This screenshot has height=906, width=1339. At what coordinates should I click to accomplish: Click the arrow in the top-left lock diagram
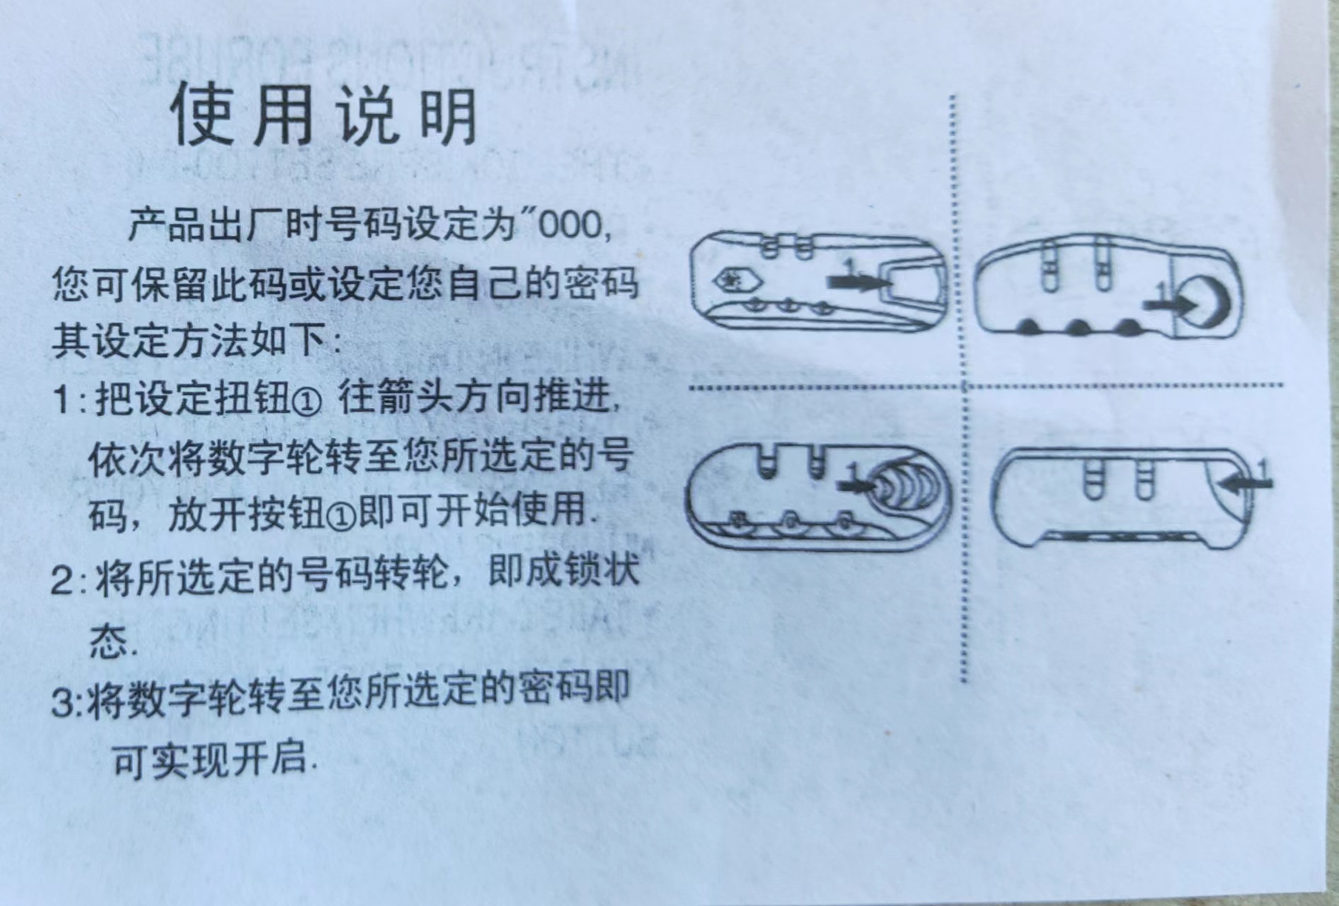point(858,281)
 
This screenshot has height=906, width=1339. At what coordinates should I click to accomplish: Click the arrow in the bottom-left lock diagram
point(856,486)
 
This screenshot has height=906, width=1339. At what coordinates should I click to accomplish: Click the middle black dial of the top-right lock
point(1078,327)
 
